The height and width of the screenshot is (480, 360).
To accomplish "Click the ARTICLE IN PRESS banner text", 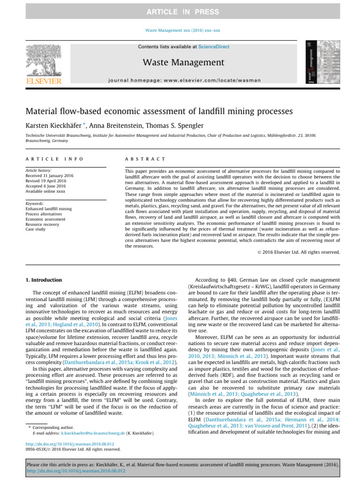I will coord(180,11).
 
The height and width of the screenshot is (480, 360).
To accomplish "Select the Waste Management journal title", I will coord(180,62).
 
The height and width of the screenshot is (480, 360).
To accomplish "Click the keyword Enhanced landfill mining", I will coord(49,209).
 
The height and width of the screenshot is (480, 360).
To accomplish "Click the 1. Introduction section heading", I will coord(43,280).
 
